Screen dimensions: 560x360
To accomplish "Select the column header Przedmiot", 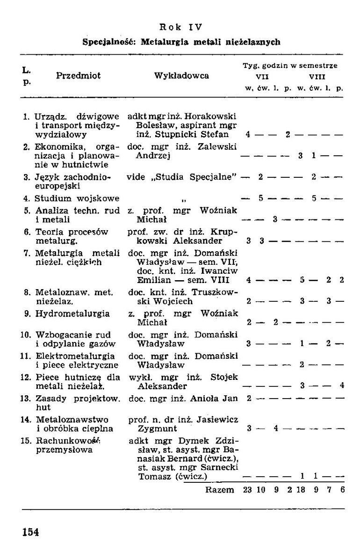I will (78, 75).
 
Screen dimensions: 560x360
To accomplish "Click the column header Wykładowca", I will (181, 75).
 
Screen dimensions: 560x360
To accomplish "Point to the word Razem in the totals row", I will (220, 490).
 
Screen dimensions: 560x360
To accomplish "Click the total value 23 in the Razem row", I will (248, 490).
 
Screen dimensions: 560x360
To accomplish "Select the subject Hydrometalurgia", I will (72, 313).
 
